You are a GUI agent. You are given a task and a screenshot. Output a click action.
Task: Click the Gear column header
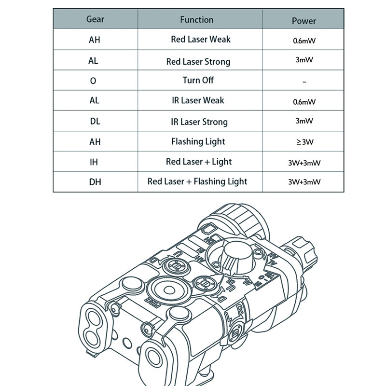(x=95, y=20)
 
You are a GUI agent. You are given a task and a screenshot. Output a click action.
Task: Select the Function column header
(x=196, y=20)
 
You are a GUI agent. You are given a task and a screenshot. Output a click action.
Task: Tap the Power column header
(x=304, y=21)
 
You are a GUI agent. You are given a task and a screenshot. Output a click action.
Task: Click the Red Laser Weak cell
(x=201, y=40)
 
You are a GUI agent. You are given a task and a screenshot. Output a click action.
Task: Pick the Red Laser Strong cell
(x=198, y=62)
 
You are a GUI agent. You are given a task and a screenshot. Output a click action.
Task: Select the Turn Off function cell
(x=198, y=80)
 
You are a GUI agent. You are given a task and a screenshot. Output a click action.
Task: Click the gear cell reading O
(x=94, y=81)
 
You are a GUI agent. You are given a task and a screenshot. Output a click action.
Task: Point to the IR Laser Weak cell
(x=198, y=100)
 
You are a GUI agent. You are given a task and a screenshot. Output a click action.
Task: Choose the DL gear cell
(x=95, y=122)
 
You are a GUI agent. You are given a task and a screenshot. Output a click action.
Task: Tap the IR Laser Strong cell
(x=199, y=122)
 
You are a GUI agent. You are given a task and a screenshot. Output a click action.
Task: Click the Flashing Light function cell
(x=198, y=142)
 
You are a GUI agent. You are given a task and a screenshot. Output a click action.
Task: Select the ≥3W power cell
(x=304, y=142)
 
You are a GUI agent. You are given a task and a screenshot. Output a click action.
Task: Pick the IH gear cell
(x=94, y=162)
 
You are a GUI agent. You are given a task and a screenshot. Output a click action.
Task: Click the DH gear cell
(x=95, y=182)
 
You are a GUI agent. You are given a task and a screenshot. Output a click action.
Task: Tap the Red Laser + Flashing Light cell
(x=197, y=182)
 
